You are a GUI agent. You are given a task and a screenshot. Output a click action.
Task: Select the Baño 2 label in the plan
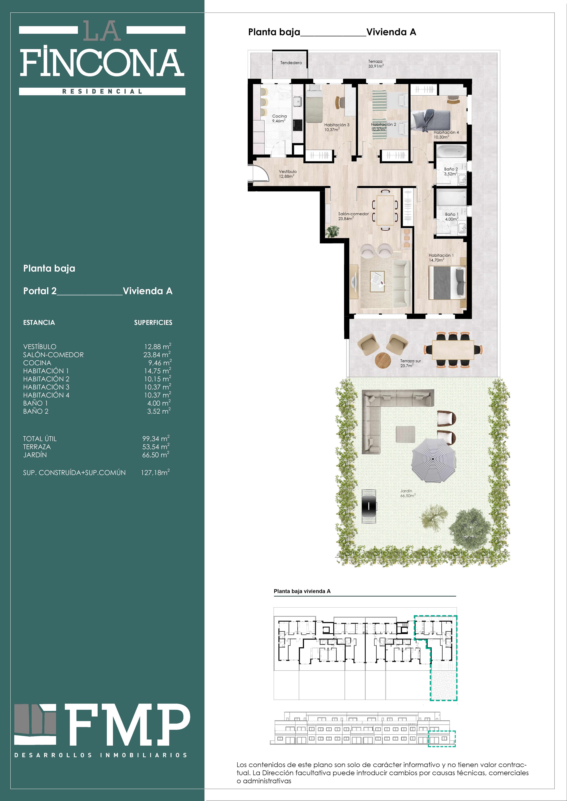(451, 171)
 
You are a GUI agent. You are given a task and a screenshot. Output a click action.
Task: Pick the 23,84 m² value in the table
(157, 354)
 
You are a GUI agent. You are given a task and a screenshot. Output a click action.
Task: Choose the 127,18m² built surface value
(155, 472)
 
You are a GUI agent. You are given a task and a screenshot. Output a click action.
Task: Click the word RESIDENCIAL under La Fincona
(102, 91)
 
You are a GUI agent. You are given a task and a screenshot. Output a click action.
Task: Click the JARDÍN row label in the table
(35, 455)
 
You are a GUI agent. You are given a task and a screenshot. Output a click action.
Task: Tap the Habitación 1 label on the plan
(441, 258)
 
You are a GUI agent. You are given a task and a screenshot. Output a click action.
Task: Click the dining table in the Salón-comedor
(385, 210)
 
